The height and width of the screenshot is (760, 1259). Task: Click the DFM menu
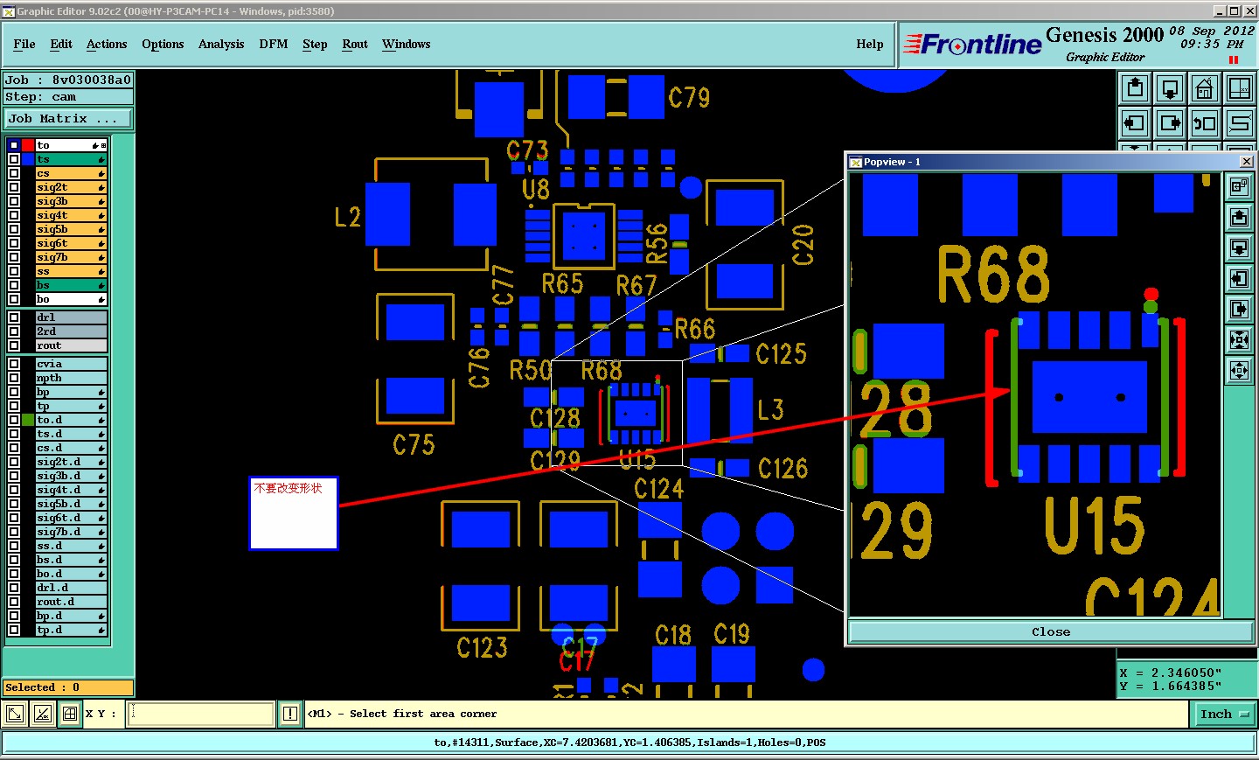[x=273, y=44]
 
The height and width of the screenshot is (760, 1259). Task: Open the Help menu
[x=869, y=44]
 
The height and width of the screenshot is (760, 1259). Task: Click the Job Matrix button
[x=69, y=119]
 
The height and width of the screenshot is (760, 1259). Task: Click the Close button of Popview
[x=1050, y=631]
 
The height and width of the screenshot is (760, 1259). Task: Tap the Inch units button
[x=1222, y=714]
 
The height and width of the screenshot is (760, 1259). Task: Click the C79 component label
[x=689, y=97]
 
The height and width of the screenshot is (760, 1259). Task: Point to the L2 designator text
[x=347, y=217]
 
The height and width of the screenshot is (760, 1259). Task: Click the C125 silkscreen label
[x=781, y=354]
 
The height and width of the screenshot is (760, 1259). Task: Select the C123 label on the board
[x=482, y=647]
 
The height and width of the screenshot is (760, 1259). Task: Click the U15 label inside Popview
[x=1094, y=526]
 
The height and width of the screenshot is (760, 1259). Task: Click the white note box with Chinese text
[x=294, y=513]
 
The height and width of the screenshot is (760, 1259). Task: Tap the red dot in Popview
[x=1151, y=294]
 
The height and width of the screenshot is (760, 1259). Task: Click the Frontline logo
[x=972, y=44]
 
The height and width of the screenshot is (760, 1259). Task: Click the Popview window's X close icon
[x=1246, y=162]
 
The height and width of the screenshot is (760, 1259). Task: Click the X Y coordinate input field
[x=202, y=714]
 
